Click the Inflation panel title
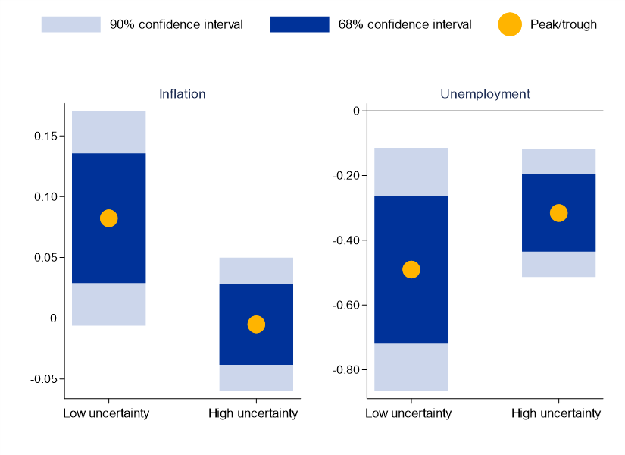click(x=182, y=94)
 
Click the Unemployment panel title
click(x=485, y=94)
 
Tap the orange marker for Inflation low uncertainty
click(x=108, y=218)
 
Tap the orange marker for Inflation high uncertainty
click(x=256, y=325)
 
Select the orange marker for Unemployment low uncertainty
click(x=411, y=269)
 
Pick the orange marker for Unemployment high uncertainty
click(x=558, y=213)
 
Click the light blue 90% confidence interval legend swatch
click(x=70, y=24)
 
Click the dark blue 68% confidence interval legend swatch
click(x=299, y=24)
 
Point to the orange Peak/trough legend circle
click(x=510, y=24)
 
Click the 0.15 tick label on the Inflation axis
click(x=45, y=136)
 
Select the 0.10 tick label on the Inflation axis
click(x=45, y=196)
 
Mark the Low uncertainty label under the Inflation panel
click(x=106, y=413)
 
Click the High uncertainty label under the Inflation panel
click(x=253, y=413)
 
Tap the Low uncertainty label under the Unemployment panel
click(x=408, y=413)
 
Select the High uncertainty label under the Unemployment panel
click(x=556, y=413)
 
